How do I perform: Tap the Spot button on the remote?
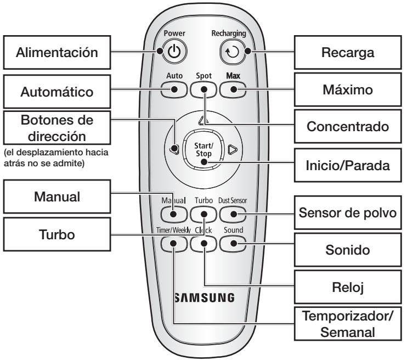pos(203,89)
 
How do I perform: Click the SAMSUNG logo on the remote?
pos(203,298)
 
